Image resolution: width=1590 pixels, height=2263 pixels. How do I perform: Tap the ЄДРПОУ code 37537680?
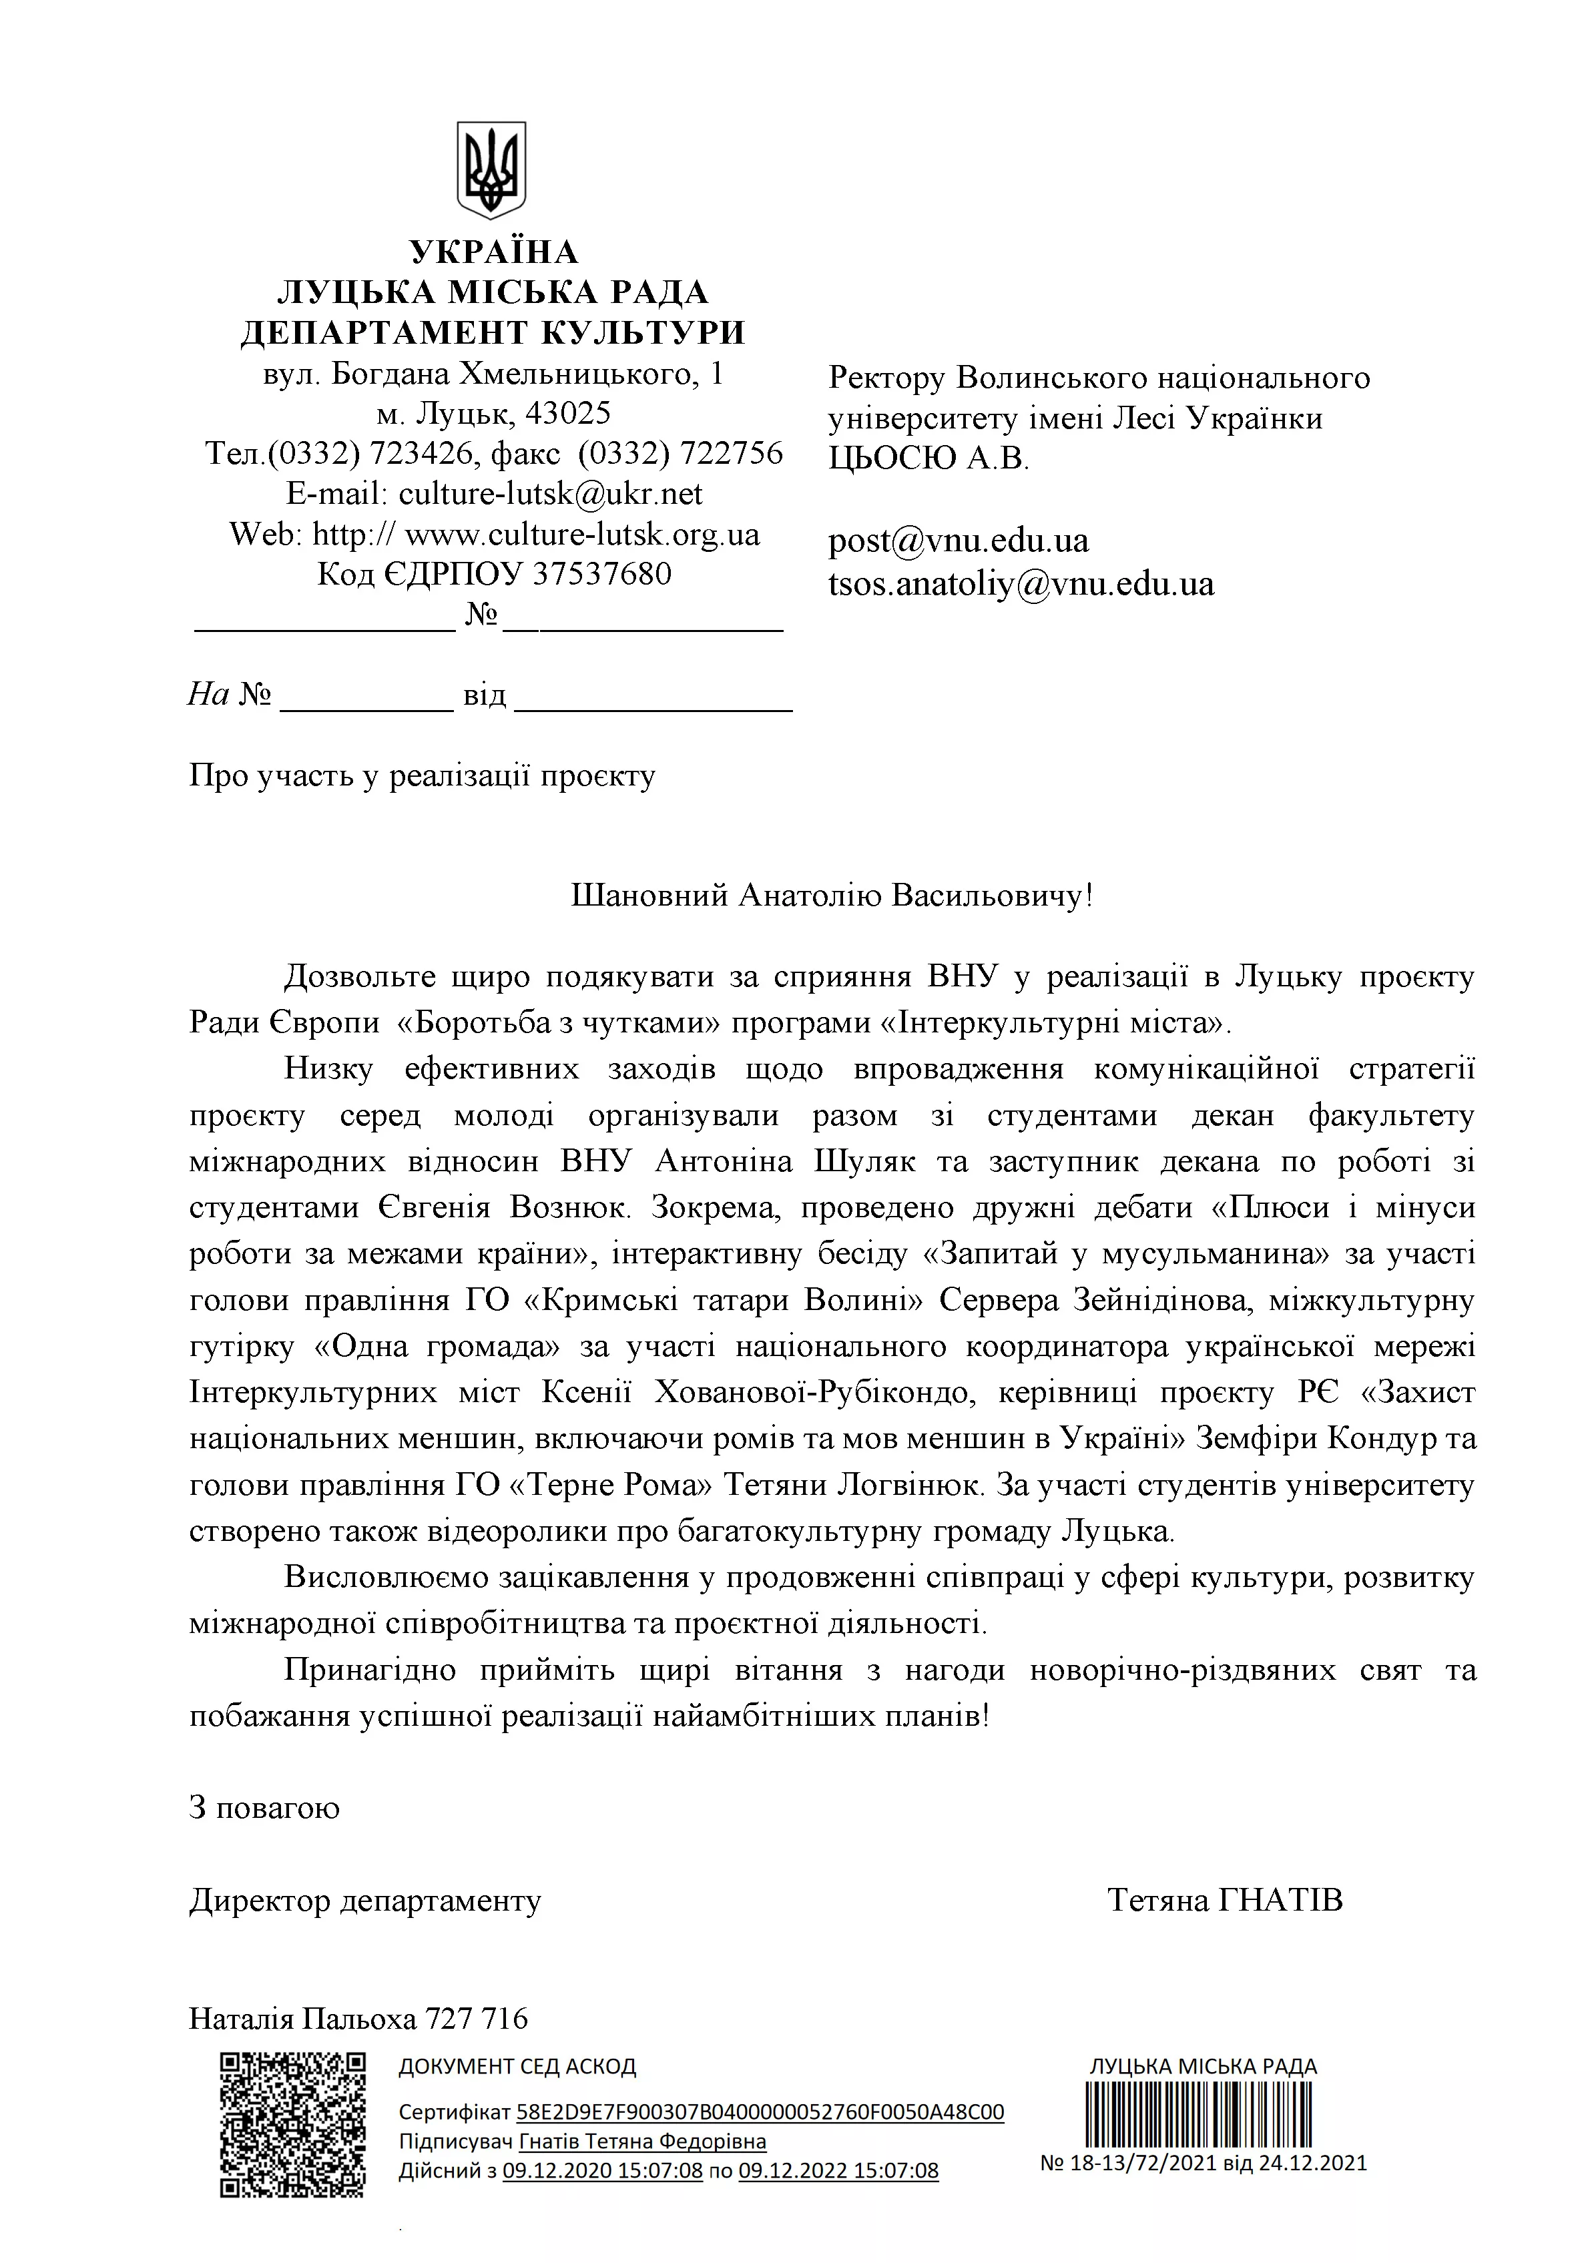coord(601,574)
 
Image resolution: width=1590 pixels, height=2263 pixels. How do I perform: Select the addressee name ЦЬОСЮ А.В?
coord(928,459)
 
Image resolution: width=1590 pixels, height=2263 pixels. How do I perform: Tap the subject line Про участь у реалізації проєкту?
coord(422,777)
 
